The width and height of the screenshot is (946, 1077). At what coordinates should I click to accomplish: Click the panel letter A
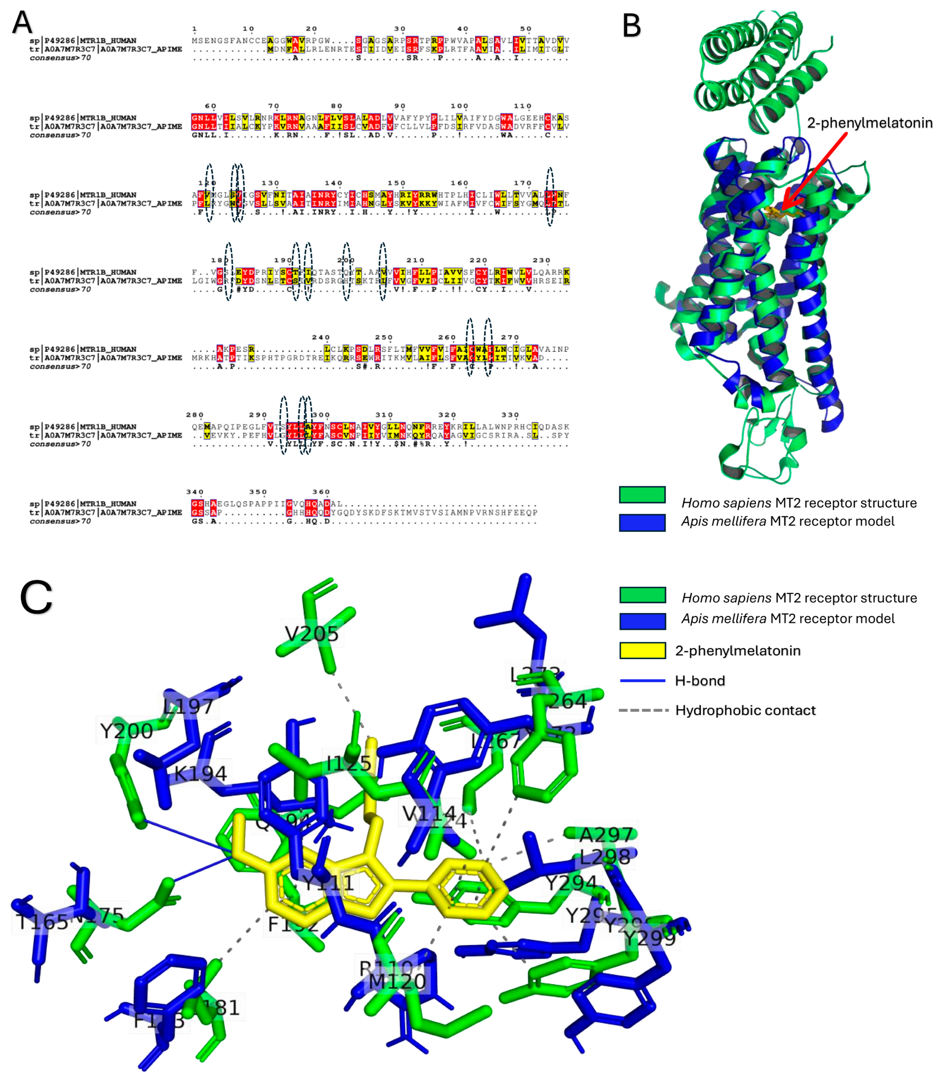(22, 23)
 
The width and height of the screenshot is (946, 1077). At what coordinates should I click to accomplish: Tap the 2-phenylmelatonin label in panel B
(870, 123)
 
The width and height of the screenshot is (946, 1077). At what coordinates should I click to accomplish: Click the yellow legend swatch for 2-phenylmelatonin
(642, 650)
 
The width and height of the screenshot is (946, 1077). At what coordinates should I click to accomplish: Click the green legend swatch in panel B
(642, 495)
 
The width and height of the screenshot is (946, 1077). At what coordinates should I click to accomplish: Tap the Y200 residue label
(126, 731)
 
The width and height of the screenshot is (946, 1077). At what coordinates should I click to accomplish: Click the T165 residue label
(42, 922)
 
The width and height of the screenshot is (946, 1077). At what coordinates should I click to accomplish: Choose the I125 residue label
(349, 763)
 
